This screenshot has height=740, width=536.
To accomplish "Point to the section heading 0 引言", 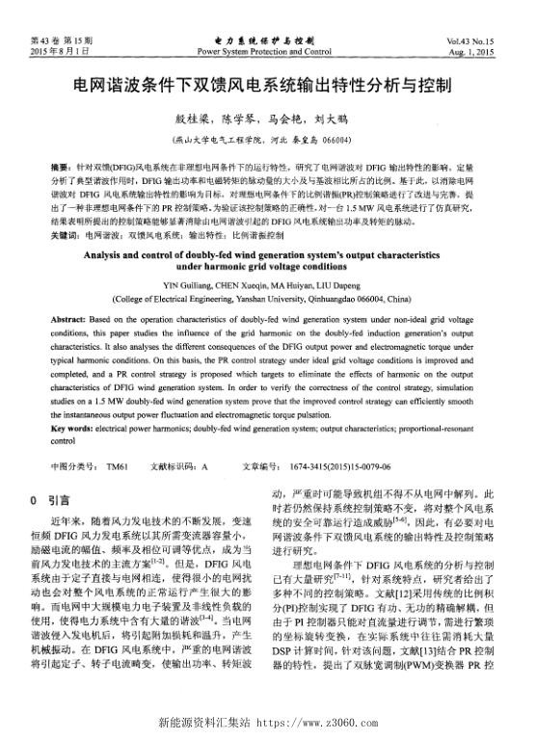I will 49,500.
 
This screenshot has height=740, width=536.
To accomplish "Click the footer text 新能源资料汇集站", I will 198,720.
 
